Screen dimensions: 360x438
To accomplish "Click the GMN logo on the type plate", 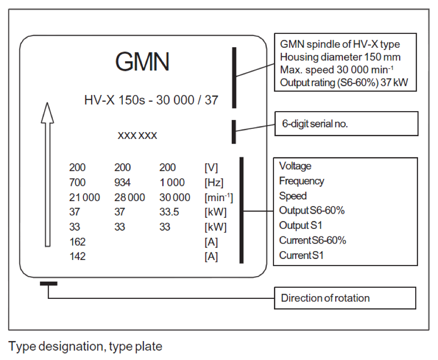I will click(143, 62).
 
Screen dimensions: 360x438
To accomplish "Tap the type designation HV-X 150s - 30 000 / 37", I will click(151, 100).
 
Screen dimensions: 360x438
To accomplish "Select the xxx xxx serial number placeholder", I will click(137, 136).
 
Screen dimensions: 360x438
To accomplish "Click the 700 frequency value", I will click(77, 183).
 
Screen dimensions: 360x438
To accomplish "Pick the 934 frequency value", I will click(122, 183).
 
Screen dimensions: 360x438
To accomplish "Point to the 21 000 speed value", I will click(84, 197).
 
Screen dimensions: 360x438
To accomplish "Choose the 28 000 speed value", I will click(129, 197).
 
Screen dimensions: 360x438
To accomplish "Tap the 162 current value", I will click(77, 242).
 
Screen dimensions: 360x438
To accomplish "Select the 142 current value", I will click(77, 257).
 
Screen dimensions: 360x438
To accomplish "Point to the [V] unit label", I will click(211, 168).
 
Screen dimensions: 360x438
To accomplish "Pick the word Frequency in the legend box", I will click(302, 181).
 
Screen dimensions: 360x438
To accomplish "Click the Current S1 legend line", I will click(301, 255).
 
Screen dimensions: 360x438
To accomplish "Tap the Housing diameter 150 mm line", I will click(341, 57).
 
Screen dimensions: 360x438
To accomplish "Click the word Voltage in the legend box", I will click(296, 166).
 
